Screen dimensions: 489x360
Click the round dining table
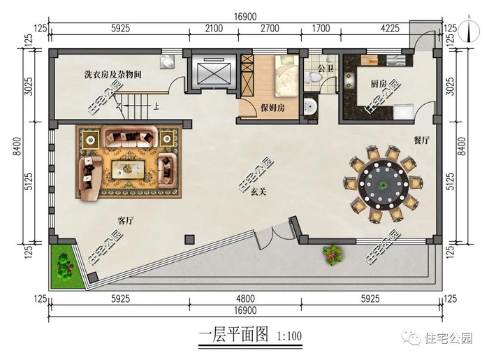pos(383,185)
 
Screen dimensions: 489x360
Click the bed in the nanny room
pos(286,75)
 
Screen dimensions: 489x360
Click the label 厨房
pos(379,84)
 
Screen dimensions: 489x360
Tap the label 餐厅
pos(421,141)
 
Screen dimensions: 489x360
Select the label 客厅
pos(126,221)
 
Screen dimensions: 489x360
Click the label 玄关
pos(258,192)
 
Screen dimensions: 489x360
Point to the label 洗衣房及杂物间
pos(113,75)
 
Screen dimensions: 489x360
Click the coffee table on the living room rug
pos(128,169)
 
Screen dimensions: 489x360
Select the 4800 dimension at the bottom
pos(245,299)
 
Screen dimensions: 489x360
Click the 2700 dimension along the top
pos(270,29)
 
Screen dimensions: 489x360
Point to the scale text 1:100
pos(289,336)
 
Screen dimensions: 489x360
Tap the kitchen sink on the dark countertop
pos(349,80)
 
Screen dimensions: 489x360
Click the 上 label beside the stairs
pos(156,106)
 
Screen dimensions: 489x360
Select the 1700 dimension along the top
pos(321,29)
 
